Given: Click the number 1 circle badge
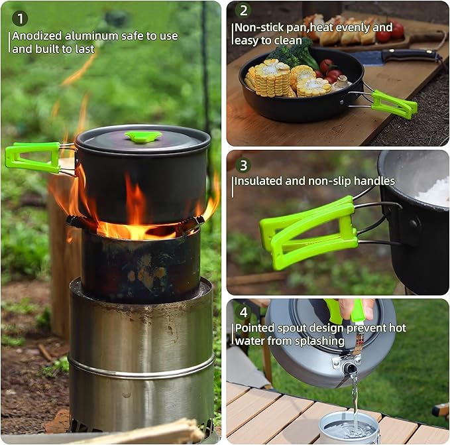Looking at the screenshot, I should click(x=21, y=18).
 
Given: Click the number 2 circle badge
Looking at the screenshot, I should click(x=244, y=10).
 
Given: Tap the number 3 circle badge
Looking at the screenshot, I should click(x=244, y=165).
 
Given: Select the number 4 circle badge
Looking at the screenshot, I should click(x=244, y=312).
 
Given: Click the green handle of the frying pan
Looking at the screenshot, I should click(x=394, y=104).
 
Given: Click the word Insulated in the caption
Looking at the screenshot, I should click(x=260, y=181).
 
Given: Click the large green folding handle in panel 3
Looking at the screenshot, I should click(x=308, y=232).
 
